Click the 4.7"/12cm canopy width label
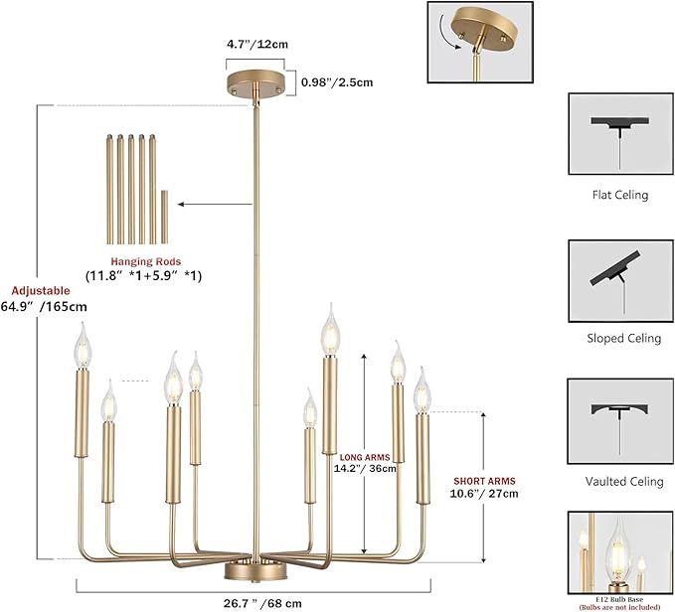click(x=257, y=45)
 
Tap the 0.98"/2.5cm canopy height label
click(x=337, y=82)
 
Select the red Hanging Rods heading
click(x=146, y=261)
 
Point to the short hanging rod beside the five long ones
click(x=164, y=217)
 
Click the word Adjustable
click(x=41, y=291)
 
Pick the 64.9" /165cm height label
click(x=44, y=307)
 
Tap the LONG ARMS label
click(x=365, y=458)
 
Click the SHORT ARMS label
click(x=484, y=481)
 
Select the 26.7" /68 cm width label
click(x=262, y=603)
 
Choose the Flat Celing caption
click(x=620, y=196)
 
